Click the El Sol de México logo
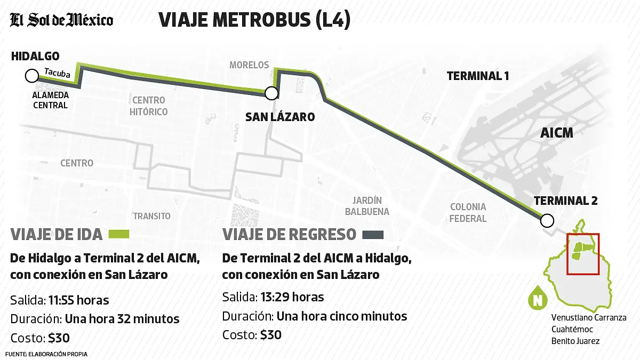click(62, 20)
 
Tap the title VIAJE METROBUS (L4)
click(254, 20)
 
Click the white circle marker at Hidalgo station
click(31, 76)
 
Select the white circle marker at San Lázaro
click(271, 94)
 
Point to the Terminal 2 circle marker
click(547, 220)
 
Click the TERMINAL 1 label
click(477, 76)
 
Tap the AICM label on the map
click(556, 133)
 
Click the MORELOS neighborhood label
click(249, 65)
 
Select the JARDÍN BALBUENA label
click(367, 206)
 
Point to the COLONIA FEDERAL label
click(468, 212)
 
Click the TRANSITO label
click(152, 216)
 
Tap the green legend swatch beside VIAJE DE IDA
click(119, 235)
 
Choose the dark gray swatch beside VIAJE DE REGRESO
click(373, 235)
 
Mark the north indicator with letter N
click(538, 300)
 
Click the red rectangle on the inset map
click(583, 254)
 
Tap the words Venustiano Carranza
click(588, 318)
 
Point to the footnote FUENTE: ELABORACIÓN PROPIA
click(46, 354)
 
